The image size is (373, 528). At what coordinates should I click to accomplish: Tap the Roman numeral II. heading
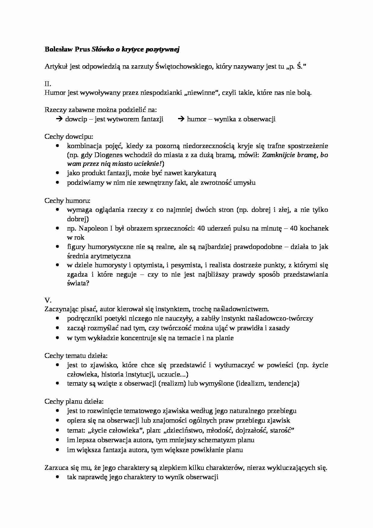coord(48,84)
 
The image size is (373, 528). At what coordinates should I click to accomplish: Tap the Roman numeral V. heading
coord(48,300)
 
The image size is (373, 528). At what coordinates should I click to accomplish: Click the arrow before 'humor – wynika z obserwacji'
coord(181,119)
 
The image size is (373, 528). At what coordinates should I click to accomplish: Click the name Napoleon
coord(91,228)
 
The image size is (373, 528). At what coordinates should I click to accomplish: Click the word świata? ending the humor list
coord(78,284)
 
